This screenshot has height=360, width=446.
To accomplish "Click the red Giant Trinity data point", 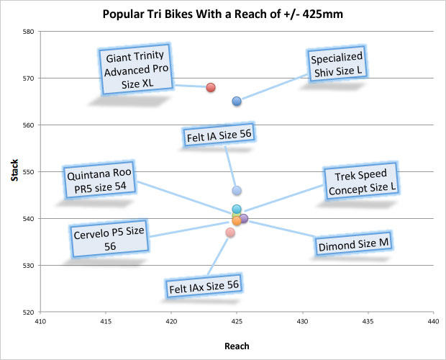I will pos(211,87).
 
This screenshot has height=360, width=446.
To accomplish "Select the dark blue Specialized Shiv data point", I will pos(237,101).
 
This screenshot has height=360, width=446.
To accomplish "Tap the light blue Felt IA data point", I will pos(237,191).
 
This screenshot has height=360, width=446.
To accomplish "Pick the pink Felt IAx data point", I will pos(230,233).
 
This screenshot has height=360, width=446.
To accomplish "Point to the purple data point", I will pos(244,218).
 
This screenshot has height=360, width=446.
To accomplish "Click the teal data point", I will pos(237,209).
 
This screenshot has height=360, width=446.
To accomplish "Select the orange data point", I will pos(237,220).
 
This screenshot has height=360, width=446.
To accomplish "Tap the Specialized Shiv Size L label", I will pos(337,65).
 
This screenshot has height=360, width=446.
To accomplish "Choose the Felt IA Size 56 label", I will pos(219,134).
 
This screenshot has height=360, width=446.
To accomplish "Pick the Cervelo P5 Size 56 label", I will pos(109,238).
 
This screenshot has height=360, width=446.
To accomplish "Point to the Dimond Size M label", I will pos(353,245).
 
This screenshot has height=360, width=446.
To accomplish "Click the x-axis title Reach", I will pos(237,346).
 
